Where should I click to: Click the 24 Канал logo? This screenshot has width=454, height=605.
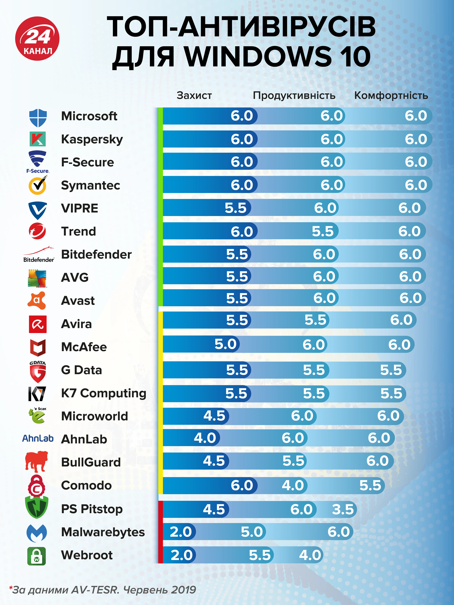[37, 39]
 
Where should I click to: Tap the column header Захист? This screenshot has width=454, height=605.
[194, 95]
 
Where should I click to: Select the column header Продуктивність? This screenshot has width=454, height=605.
[294, 95]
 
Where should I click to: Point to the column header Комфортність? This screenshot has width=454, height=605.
[391, 95]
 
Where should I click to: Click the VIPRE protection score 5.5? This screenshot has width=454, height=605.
[236, 208]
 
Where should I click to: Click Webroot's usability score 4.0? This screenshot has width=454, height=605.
[310, 555]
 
